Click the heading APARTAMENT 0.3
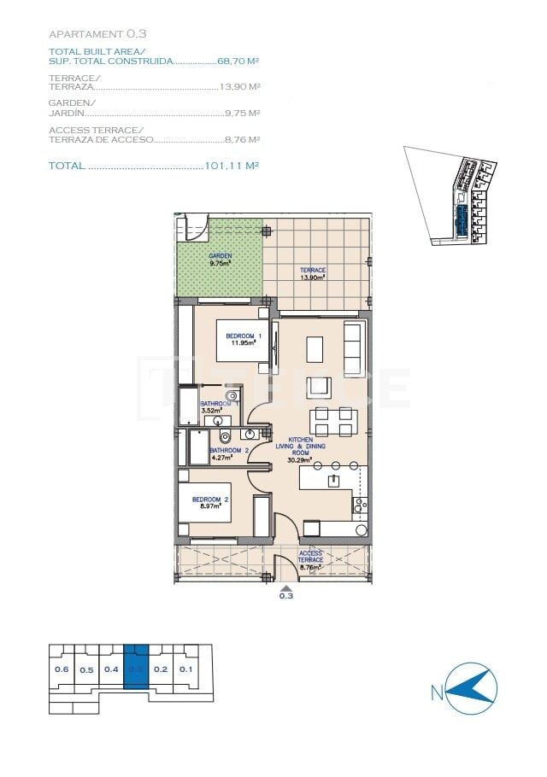[x=97, y=34]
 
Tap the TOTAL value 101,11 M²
[x=232, y=166]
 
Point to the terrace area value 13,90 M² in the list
[x=239, y=87]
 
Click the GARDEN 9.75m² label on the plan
[x=221, y=260]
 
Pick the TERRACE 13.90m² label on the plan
[x=313, y=273]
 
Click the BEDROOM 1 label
[x=244, y=339]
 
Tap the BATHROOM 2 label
[x=228, y=453]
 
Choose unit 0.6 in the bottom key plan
[x=62, y=669]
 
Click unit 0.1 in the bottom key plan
[x=185, y=669]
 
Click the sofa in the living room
[x=353, y=349]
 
